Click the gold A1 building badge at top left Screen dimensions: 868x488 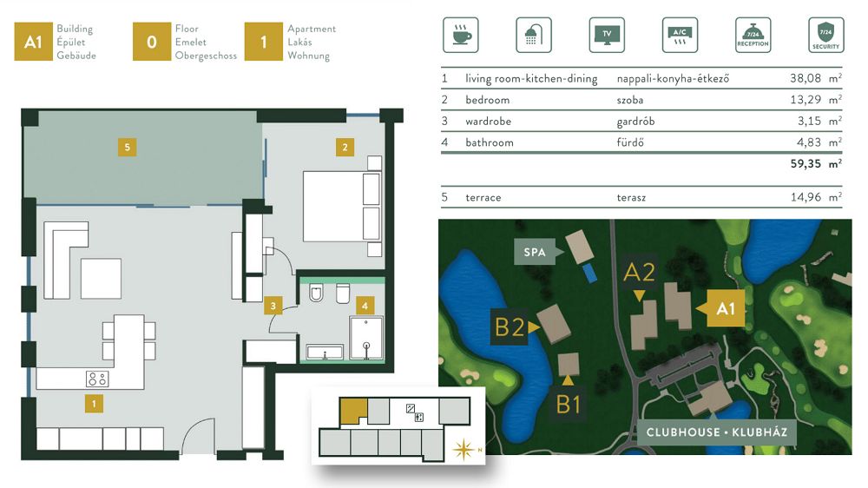(x=33, y=42)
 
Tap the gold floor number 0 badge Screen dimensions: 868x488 (x=152, y=42)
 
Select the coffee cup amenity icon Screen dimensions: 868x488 (x=461, y=35)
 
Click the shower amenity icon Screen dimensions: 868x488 (x=534, y=35)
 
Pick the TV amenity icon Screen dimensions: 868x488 (x=607, y=35)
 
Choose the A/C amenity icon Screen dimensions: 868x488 (x=680, y=35)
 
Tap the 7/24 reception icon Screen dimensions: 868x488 (x=753, y=35)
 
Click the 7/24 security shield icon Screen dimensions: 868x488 (x=826, y=35)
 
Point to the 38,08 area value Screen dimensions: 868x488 (x=806, y=78)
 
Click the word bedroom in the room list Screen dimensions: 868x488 (x=488, y=100)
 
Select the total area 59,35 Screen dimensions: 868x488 (x=806, y=163)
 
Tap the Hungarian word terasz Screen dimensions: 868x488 (x=631, y=197)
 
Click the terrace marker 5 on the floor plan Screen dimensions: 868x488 (x=128, y=148)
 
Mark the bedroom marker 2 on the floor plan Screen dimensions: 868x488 (x=345, y=148)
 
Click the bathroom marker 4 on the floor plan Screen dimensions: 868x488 (x=365, y=305)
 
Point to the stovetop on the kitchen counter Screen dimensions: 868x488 (x=97, y=379)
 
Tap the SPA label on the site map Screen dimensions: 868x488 (x=535, y=252)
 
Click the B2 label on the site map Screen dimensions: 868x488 (x=510, y=326)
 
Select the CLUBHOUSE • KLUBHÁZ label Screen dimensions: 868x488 (x=717, y=432)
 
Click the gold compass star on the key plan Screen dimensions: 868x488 (x=464, y=449)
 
